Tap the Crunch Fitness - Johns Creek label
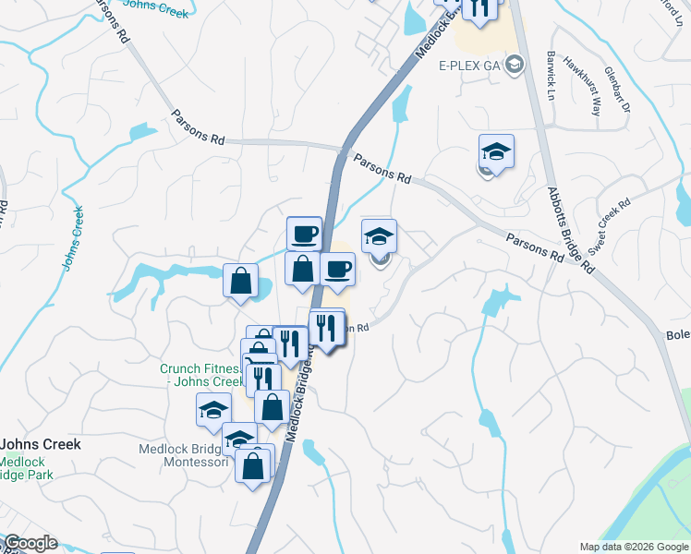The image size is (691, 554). pyautogui.click(x=200, y=375)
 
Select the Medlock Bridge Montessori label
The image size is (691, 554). pyautogui.click(x=183, y=455)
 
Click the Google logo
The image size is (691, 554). pyautogui.click(x=30, y=543)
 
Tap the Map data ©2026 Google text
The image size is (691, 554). pyautogui.click(x=633, y=547)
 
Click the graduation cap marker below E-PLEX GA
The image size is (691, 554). pyautogui.click(x=496, y=151)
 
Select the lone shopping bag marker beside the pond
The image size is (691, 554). pyautogui.click(x=240, y=280)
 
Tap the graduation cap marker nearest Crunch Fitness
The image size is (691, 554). pyautogui.click(x=213, y=409)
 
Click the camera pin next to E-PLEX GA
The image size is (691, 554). pyautogui.click(x=515, y=65)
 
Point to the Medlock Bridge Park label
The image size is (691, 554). pyautogui.click(x=26, y=468)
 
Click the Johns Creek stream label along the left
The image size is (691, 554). pyautogui.click(x=73, y=237)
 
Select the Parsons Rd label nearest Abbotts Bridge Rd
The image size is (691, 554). pyautogui.click(x=534, y=245)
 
